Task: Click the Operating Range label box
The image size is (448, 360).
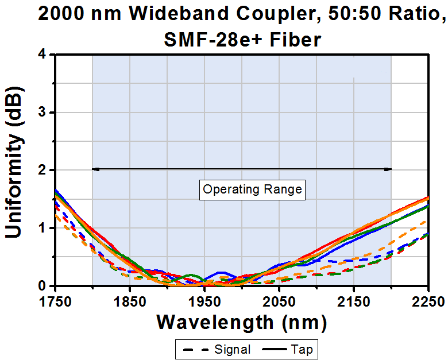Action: tap(252, 189)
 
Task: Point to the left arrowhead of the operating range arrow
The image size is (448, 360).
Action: tap(95, 169)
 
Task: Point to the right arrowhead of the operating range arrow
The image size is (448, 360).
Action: tap(389, 169)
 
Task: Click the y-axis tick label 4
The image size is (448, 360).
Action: tap(43, 55)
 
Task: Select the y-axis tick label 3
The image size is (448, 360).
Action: tap(43, 113)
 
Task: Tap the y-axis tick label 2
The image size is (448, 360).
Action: tap(43, 171)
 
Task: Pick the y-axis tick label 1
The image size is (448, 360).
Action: tap(43, 228)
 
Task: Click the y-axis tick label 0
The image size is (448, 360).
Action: tap(43, 286)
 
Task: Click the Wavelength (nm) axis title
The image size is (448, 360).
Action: tap(242, 322)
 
